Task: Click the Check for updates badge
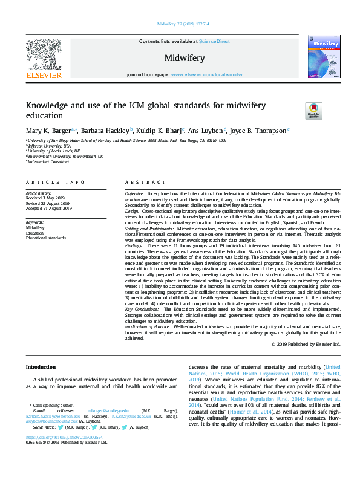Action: point(314,111)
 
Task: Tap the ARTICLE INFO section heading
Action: point(56,181)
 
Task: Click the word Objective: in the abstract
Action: point(135,193)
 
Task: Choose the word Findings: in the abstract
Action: point(134,246)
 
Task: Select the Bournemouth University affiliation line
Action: point(65,156)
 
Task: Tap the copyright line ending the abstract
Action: point(306,344)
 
